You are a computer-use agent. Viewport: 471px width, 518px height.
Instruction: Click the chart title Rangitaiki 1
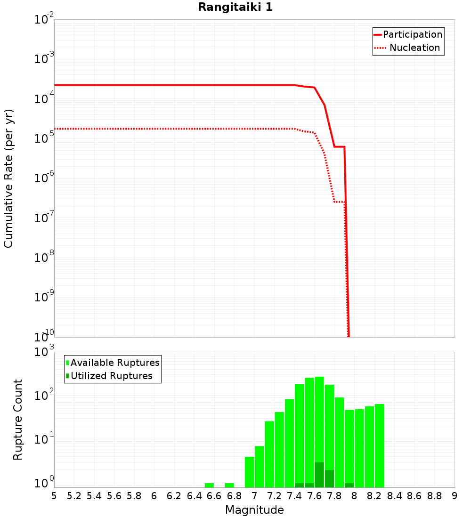[235, 8]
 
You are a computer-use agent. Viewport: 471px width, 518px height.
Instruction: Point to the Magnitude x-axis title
[254, 510]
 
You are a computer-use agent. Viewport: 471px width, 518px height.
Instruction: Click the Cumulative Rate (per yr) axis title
[8, 178]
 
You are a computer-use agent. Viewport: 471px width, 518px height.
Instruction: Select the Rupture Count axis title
[18, 419]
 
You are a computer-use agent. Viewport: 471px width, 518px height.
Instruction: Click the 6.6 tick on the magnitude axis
[214, 496]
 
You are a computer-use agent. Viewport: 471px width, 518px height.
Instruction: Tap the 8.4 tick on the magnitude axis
[394, 496]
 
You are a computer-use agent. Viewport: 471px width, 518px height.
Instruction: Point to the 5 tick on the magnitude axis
[54, 496]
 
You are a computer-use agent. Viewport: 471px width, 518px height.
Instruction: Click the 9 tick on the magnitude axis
[455, 496]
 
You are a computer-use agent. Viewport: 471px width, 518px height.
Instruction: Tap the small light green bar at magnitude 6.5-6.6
[209, 485]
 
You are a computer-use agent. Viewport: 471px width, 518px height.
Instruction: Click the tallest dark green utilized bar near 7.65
[319, 475]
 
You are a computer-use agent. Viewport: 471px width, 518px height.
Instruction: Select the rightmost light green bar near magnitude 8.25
[379, 445]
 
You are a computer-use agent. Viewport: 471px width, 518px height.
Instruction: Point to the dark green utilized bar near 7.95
[349, 485]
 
